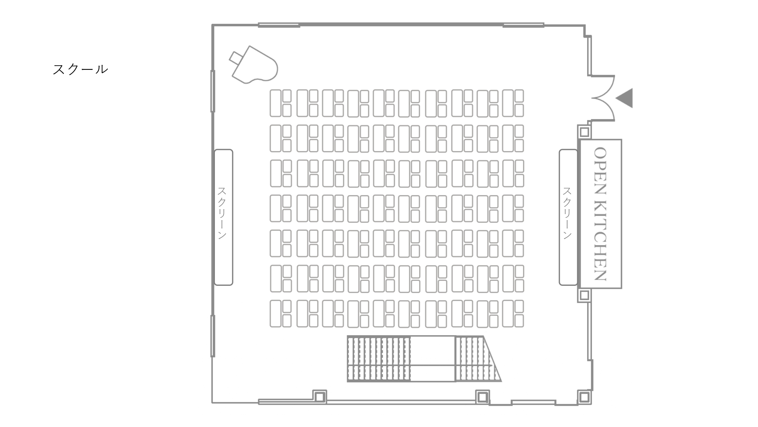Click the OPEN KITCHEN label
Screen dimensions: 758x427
(601, 214)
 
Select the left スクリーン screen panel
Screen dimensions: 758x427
(223, 217)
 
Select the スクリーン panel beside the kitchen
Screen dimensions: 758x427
(568, 217)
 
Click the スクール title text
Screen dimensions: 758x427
(80, 69)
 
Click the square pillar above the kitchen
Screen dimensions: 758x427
(584, 132)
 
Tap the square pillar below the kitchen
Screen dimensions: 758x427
(584, 295)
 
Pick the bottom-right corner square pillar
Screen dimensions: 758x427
(584, 397)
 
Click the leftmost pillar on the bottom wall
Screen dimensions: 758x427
(319, 397)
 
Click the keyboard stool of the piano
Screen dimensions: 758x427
(235, 57)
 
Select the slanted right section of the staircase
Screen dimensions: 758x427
(478, 359)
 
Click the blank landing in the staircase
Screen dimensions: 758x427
(433, 359)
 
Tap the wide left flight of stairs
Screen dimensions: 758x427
(379, 359)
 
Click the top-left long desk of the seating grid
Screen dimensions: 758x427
(276, 103)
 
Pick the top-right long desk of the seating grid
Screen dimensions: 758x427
(508, 103)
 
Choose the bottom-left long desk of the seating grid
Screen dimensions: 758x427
(276, 314)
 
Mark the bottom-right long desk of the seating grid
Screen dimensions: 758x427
(508, 314)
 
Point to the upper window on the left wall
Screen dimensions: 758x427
(213, 91)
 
